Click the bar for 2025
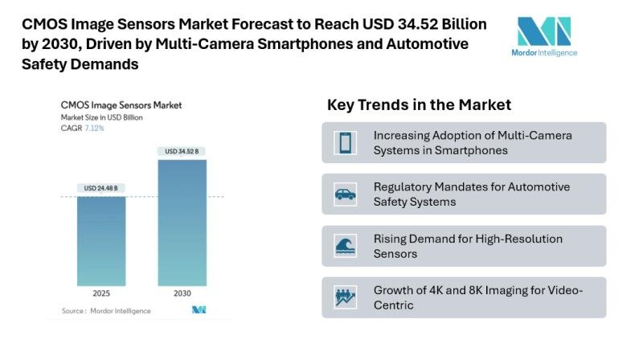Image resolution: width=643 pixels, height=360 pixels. coord(101,241)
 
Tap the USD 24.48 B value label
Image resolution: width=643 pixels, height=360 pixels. coord(101,188)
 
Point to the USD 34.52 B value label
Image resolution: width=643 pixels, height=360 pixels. coord(182,151)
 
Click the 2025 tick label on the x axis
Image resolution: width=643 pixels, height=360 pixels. coord(101,294)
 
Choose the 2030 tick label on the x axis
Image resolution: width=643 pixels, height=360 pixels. coord(182,294)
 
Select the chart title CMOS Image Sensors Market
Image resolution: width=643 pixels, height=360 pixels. coord(121,104)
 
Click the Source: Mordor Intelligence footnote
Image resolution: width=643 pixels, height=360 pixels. coord(98,309)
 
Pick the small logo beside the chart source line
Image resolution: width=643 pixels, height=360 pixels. coord(199,309)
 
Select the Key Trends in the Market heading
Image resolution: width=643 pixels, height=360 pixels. coord(419,105)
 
